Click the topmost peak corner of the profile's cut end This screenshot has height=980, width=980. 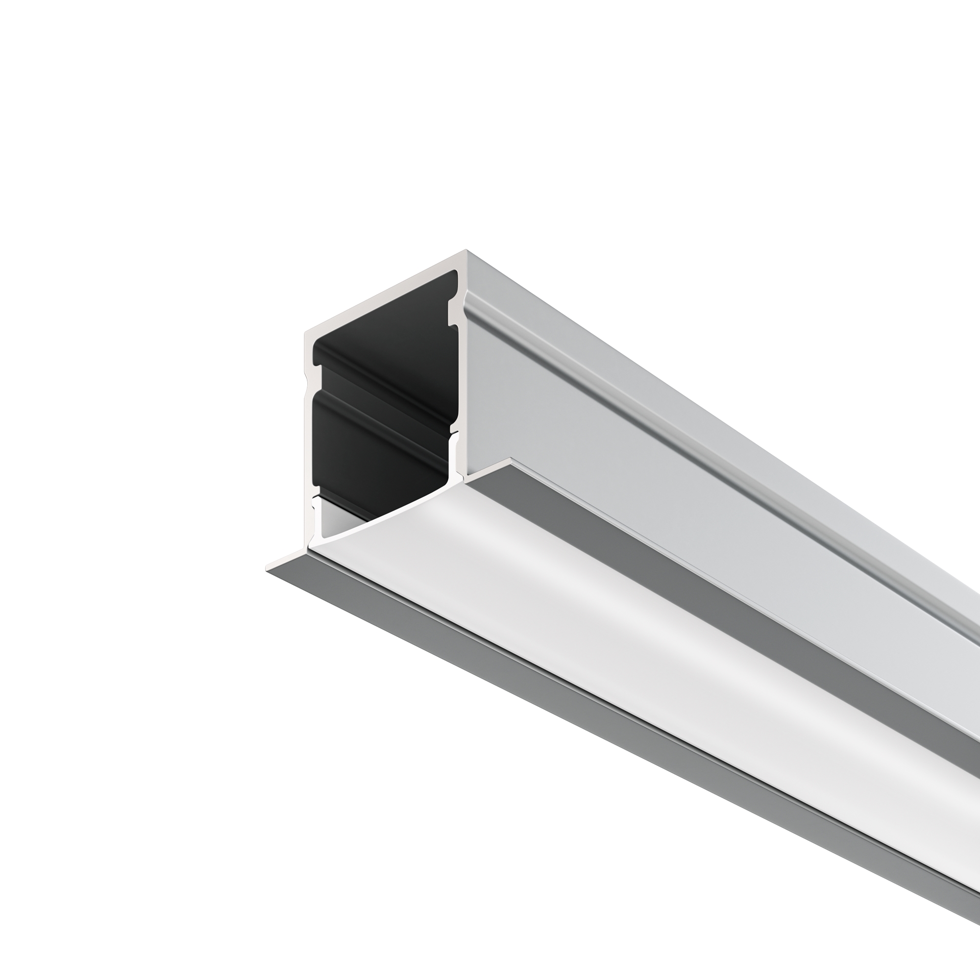(x=466, y=250)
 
